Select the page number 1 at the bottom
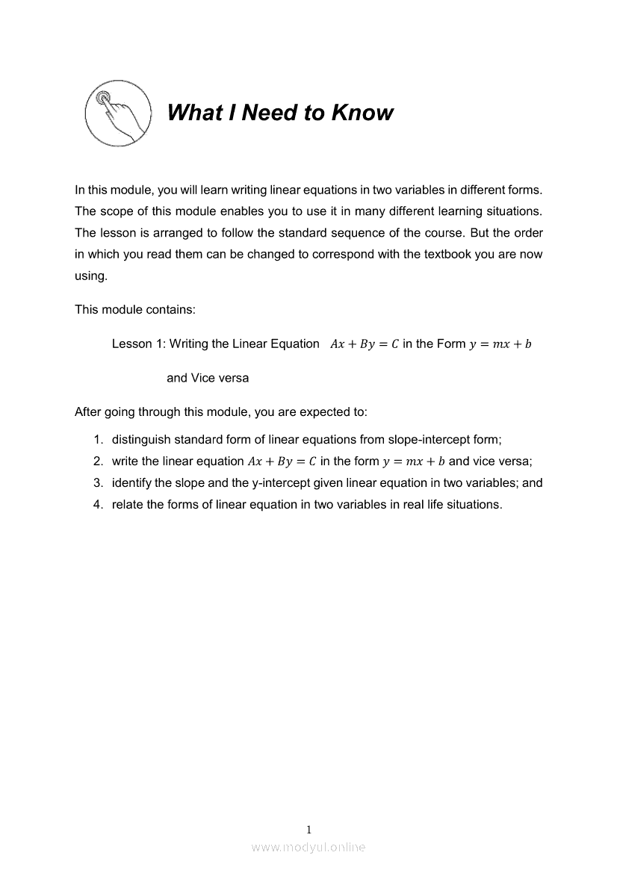click(x=308, y=829)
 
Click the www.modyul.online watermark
click(x=308, y=847)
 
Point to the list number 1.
click(x=97, y=440)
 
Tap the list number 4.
click(x=97, y=504)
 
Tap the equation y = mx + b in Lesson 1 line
click(x=500, y=344)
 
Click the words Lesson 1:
click(x=139, y=344)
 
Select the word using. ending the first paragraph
click(x=91, y=276)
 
